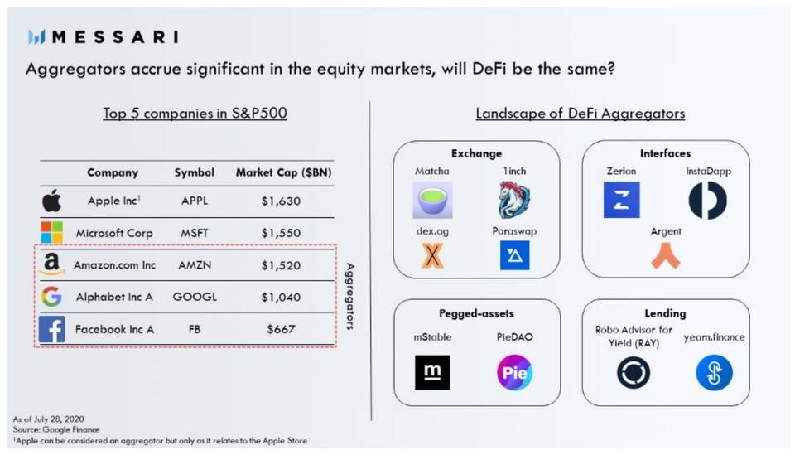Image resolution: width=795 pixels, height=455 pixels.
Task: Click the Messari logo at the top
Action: coord(103,36)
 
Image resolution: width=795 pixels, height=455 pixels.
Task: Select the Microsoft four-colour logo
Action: coord(51,233)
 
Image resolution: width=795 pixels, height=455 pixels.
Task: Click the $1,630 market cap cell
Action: coord(281,201)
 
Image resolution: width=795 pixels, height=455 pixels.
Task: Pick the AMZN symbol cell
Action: coord(194,265)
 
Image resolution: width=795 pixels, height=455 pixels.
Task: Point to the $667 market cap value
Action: coord(281,329)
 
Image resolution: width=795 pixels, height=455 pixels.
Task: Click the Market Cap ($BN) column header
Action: coord(281,172)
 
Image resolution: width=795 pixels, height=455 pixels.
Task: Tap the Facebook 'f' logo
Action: coord(51,329)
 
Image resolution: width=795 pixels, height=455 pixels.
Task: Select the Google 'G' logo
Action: coord(51,297)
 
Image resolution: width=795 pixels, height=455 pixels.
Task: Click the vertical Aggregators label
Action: coord(349,297)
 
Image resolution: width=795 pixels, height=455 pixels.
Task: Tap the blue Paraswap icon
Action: coord(514,255)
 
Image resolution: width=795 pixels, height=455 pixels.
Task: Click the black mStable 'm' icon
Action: coord(432,373)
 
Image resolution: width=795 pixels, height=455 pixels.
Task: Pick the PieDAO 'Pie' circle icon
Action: coord(514,373)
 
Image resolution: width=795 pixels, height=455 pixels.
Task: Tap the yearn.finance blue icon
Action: coord(714,373)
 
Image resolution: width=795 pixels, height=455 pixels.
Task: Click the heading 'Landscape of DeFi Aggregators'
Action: coord(580,113)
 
